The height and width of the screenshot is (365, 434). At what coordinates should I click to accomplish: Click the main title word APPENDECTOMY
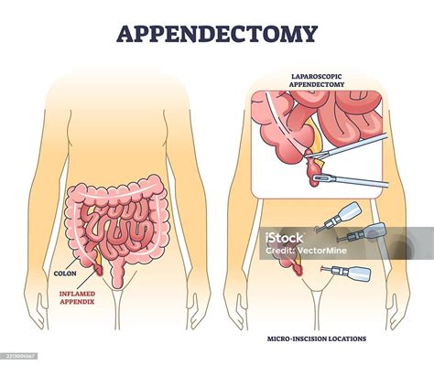point(216,34)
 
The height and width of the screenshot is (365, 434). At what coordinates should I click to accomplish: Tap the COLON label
point(63,273)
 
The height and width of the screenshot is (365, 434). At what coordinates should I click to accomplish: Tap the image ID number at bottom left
point(20,358)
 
